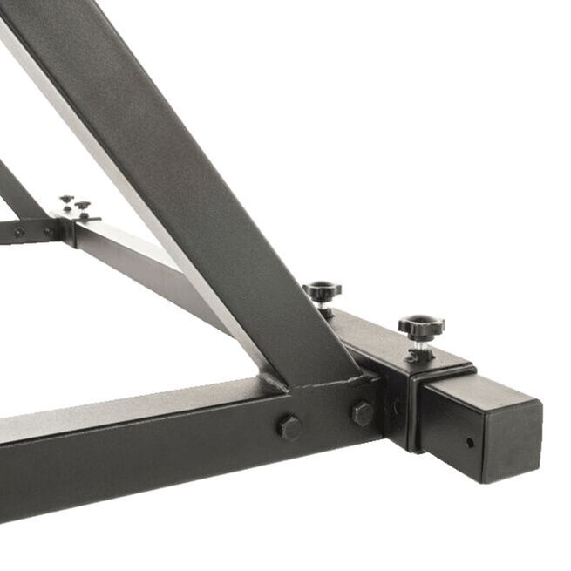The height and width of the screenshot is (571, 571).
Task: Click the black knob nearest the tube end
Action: coord(421,328)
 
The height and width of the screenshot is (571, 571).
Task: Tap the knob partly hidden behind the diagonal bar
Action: coord(323,291)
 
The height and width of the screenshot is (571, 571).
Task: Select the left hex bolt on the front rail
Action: coord(289,427)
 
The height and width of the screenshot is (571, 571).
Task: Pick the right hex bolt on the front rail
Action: coord(362,413)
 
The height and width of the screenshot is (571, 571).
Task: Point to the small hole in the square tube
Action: coord(470,442)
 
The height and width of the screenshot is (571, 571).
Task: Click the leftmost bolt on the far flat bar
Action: coord(18,232)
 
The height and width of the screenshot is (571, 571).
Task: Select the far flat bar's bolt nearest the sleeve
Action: coord(49,231)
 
